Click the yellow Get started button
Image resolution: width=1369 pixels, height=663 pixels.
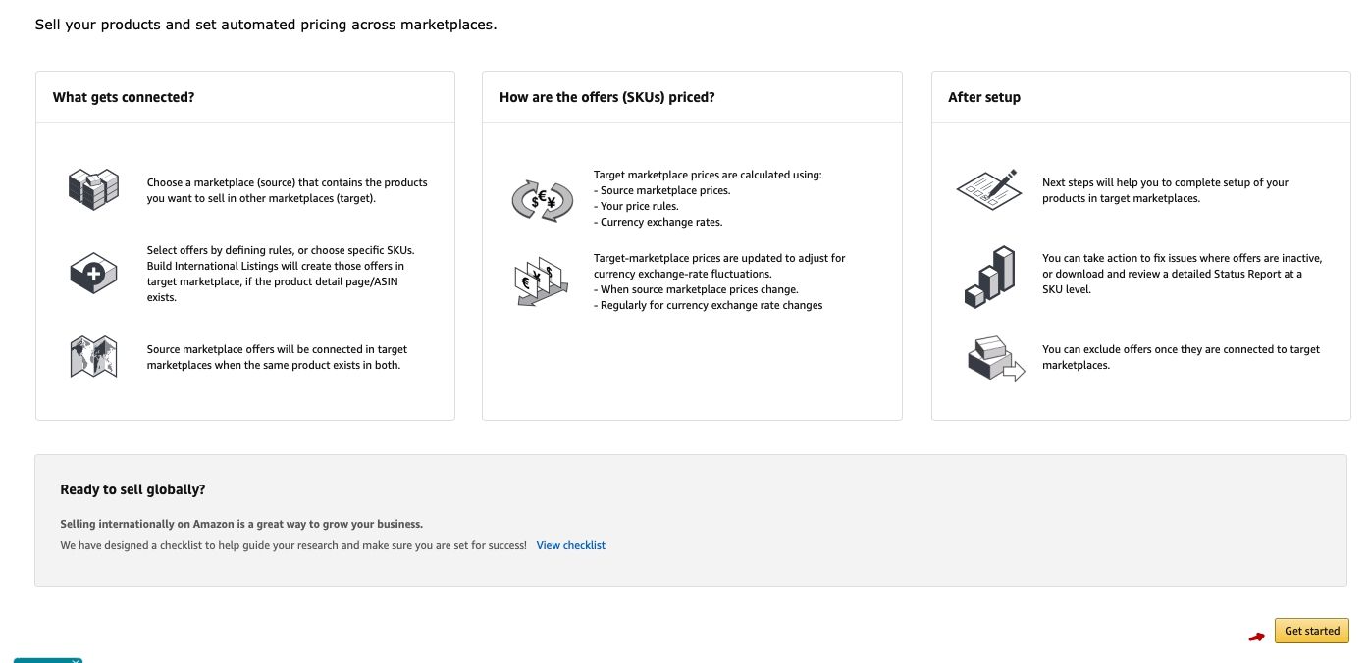(x=1311, y=631)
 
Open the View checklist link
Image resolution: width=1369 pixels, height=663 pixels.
(x=570, y=545)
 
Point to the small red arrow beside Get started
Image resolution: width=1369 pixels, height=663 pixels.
(x=1256, y=637)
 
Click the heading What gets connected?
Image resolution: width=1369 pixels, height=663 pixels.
(x=124, y=97)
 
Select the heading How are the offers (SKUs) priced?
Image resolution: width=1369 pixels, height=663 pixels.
(x=606, y=97)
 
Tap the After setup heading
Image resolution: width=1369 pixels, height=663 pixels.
(x=983, y=97)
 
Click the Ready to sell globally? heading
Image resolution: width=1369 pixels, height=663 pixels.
(x=132, y=489)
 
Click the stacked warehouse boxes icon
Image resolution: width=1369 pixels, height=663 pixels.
(x=93, y=188)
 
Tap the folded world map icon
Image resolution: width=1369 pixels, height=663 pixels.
(x=93, y=356)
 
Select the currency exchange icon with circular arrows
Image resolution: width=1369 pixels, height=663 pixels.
(x=542, y=199)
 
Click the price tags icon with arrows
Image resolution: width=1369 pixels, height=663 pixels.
(x=540, y=280)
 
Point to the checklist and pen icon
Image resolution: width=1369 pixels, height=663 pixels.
(x=989, y=189)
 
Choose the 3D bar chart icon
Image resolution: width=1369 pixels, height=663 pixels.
(x=989, y=277)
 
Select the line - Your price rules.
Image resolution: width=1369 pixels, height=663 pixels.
(x=636, y=206)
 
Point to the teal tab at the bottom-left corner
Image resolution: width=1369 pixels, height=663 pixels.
(x=47, y=660)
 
